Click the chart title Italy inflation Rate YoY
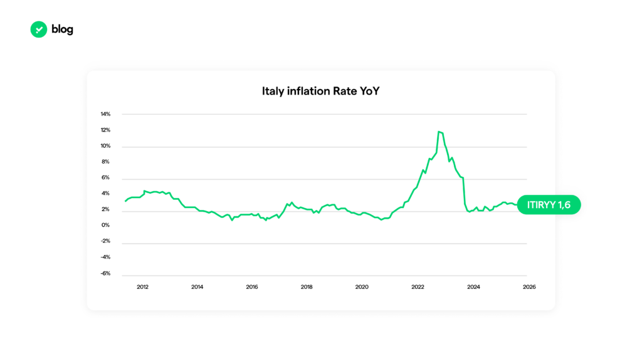(320, 92)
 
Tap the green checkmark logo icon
(39, 29)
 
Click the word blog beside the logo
(63, 29)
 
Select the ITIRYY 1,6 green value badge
(549, 205)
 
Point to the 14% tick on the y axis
(105, 114)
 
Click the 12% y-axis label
(105, 130)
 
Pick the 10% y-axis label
(105, 146)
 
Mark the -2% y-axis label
(105, 241)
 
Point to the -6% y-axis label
(105, 273)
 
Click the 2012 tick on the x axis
(142, 287)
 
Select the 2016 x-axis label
(252, 287)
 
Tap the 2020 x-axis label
(362, 287)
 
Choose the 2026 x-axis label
(529, 287)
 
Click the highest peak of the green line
(439, 132)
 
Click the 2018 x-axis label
(307, 287)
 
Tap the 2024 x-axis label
(473, 287)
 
